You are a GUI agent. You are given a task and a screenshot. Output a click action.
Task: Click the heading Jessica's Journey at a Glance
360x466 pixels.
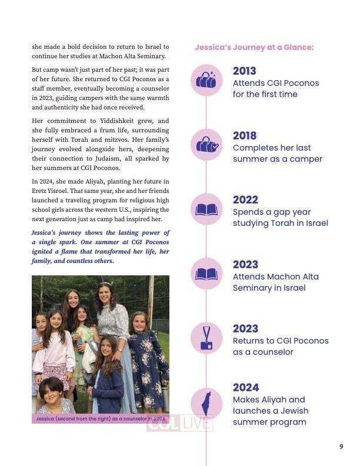coord(254,48)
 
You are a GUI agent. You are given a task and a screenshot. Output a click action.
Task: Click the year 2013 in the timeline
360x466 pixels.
coord(245,72)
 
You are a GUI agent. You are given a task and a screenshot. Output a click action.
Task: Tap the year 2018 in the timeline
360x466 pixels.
coord(245,136)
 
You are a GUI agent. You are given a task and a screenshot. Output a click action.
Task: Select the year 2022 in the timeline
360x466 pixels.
coord(245,200)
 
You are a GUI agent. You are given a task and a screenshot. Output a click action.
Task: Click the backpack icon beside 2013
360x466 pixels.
coord(206,81)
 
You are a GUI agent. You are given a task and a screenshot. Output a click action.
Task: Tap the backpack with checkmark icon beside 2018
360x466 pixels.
coord(206,145)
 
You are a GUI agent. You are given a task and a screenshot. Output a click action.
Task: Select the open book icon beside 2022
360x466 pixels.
coord(206,209)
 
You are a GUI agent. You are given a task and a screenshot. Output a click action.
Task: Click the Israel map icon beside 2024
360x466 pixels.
coord(206,404)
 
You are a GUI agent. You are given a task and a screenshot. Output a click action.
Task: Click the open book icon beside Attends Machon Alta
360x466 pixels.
coord(206,274)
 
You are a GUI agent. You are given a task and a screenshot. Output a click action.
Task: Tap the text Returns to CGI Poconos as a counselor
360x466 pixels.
coord(281,347)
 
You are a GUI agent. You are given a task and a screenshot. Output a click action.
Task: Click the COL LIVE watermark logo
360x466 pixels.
coord(179,424)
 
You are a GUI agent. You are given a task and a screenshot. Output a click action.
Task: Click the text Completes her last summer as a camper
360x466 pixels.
coord(277,154)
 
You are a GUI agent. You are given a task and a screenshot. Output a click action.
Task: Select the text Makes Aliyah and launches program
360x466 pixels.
coord(270,411)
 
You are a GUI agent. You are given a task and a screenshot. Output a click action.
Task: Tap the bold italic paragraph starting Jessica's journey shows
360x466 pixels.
coord(101,247)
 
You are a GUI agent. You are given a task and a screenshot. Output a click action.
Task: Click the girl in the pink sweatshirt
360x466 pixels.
coord(54,353)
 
